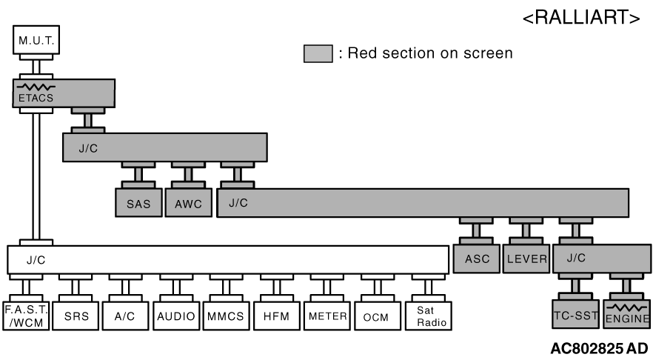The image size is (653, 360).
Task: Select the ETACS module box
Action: [63, 93]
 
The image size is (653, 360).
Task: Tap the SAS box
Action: [138, 203]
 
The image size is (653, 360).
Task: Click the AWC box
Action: [187, 203]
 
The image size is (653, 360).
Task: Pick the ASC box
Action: [476, 259]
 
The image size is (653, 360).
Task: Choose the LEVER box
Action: [526, 259]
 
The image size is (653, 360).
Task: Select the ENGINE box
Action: [627, 315]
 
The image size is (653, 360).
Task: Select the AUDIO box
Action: [175, 315]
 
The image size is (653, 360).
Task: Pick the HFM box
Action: [275, 315]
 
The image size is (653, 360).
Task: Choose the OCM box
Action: [376, 315]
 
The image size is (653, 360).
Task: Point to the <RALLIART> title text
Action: [582, 19]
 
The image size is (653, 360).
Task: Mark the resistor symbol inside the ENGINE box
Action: [626, 307]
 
